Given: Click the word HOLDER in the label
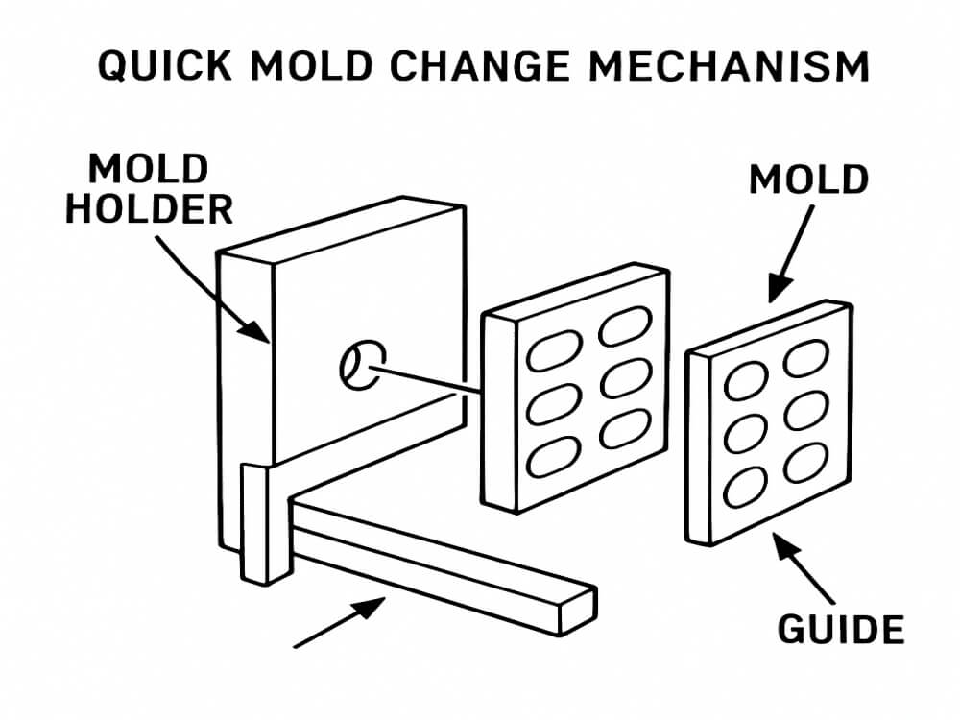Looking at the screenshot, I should (x=149, y=208).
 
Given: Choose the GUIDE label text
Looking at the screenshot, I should (x=840, y=630).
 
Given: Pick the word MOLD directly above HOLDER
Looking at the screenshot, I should (x=149, y=170).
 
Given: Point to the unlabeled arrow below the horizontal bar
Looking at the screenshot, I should (x=340, y=621).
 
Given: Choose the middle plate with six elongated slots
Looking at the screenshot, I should (x=574, y=384).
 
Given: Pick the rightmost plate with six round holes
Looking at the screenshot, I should (x=768, y=422).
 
